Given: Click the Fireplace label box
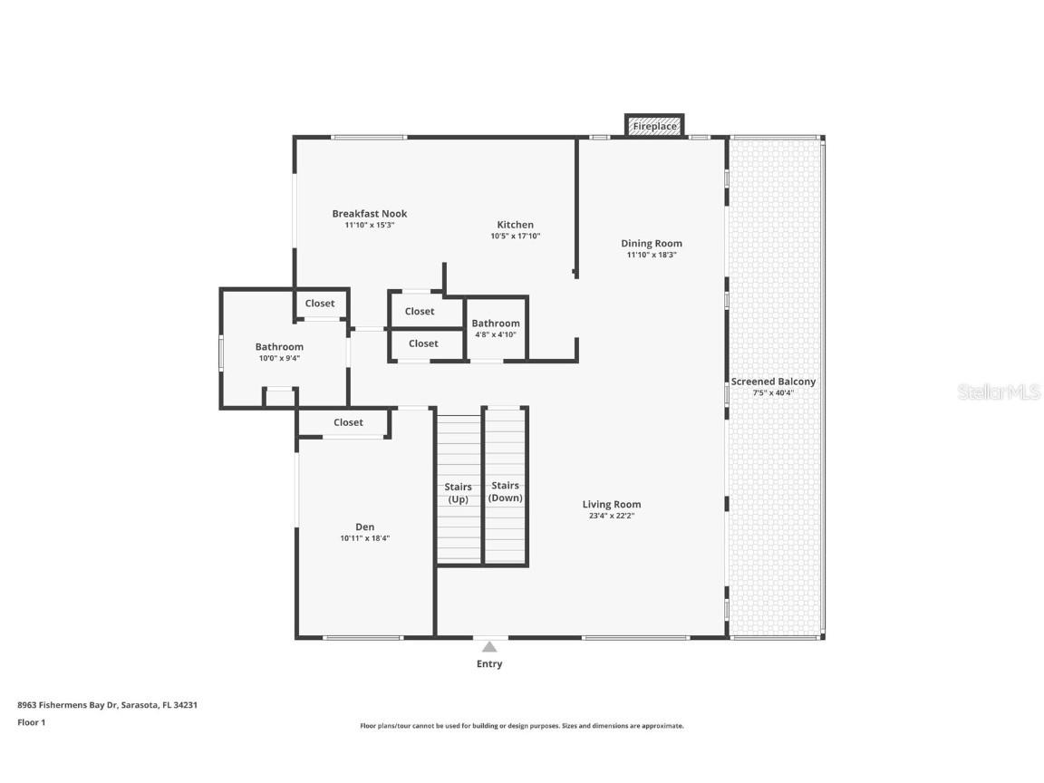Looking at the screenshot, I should (654, 126).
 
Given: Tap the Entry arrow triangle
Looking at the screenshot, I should (489, 647).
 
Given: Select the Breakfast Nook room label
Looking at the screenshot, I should (369, 214).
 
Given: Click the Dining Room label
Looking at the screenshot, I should (651, 243).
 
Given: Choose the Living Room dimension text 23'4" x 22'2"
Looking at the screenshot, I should (611, 517).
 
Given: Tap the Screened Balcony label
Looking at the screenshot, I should (773, 382).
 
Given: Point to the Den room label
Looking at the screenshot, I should (364, 527).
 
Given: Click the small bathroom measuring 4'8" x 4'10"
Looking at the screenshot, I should (496, 328).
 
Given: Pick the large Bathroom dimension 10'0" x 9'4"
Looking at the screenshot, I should (279, 358).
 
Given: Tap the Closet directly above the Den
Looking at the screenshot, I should (348, 422).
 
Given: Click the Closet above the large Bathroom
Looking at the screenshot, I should (320, 304).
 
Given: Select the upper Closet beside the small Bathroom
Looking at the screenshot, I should (420, 311).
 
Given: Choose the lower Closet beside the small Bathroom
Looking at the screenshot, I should (423, 343).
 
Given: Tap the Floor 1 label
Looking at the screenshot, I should (31, 722).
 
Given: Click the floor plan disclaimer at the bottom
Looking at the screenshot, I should (521, 726).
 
